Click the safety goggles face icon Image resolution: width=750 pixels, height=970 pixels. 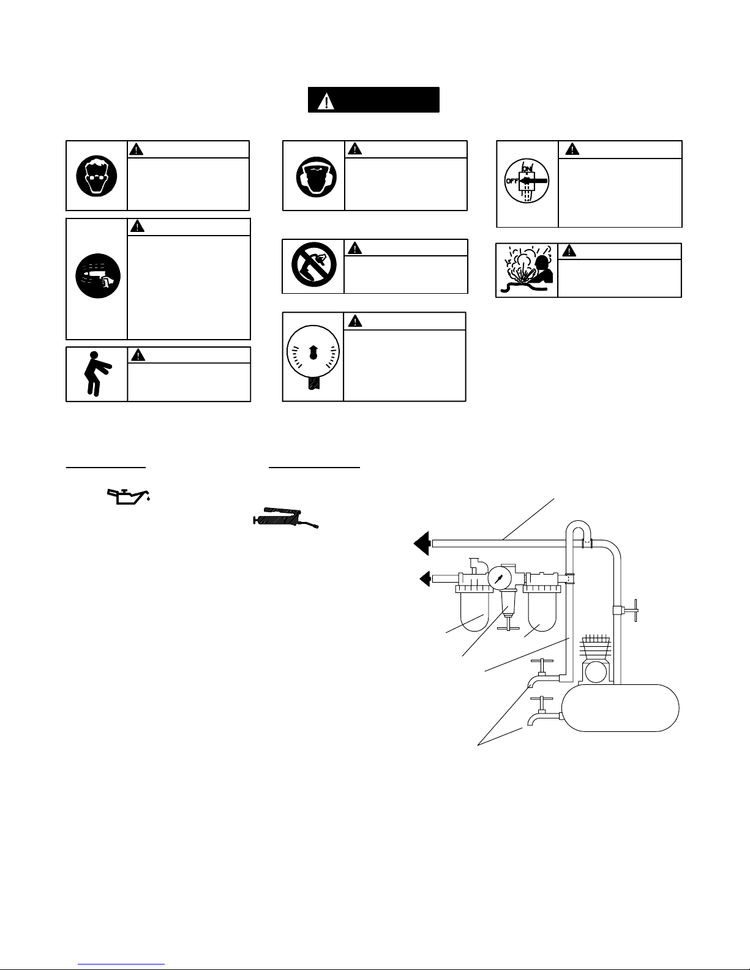click(96, 175)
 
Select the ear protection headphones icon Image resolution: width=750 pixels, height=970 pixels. click(313, 175)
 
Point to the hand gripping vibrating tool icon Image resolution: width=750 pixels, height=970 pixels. click(96, 278)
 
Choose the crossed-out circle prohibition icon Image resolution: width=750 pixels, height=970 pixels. click(313, 267)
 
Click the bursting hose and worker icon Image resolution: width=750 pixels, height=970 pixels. click(527, 270)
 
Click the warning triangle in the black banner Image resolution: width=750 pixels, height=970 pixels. click(329, 100)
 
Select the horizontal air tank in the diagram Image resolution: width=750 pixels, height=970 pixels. click(621, 707)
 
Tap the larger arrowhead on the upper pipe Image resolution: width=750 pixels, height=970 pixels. click(422, 542)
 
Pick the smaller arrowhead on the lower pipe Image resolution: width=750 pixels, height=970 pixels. click(424, 578)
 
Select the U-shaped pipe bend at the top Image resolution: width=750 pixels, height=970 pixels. click(577, 528)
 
